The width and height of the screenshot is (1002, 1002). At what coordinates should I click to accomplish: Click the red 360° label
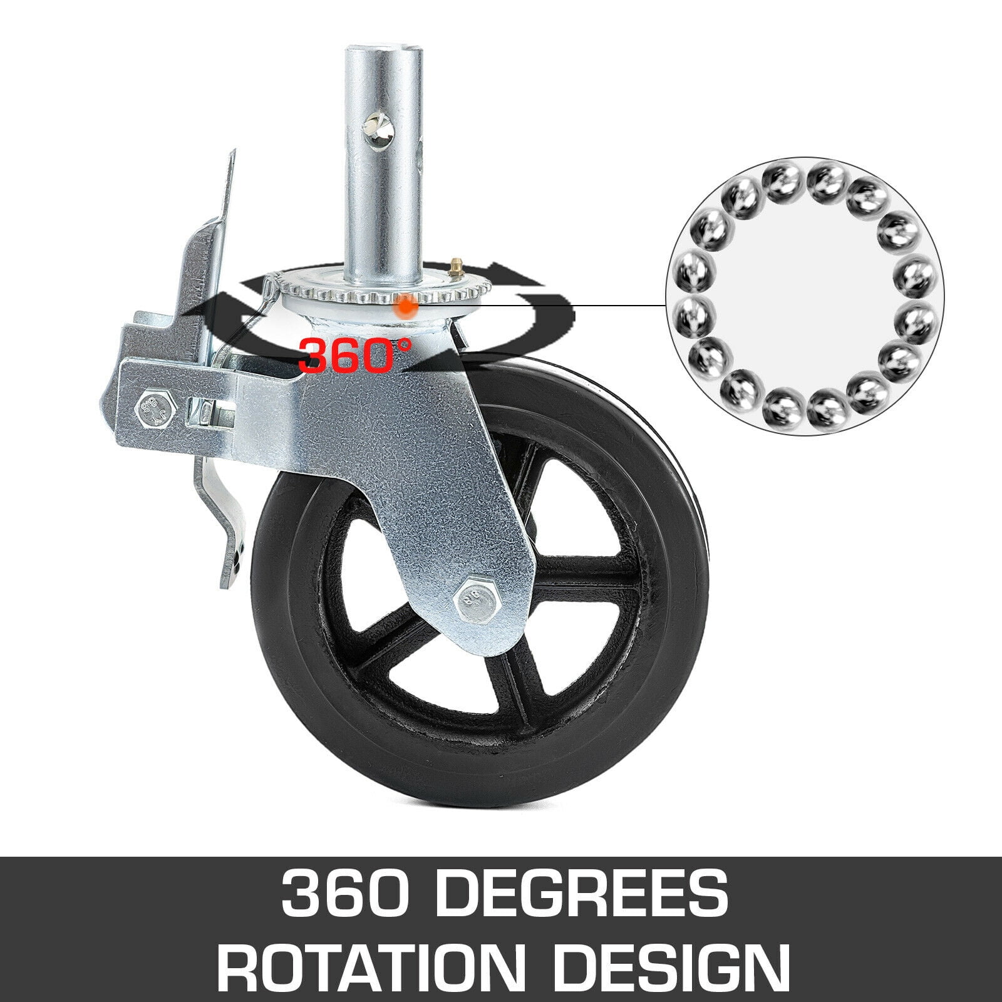click(355, 355)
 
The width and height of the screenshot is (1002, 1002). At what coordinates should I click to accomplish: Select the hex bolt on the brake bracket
click(152, 409)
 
